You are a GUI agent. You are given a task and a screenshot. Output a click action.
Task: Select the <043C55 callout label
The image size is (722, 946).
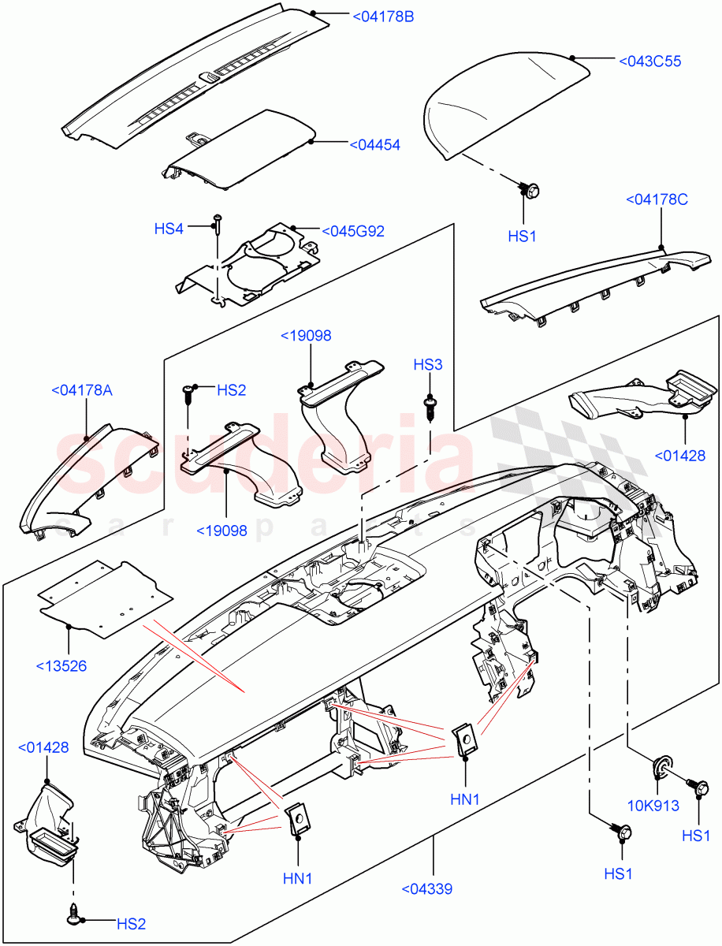[x=650, y=61]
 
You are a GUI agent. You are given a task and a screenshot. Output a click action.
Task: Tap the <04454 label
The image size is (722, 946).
[x=374, y=145]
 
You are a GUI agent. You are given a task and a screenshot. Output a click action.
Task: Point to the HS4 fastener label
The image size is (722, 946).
[x=169, y=229]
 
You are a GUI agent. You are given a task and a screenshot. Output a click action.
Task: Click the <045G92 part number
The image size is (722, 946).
[x=353, y=232]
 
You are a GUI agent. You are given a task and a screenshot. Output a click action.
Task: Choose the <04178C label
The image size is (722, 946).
[x=657, y=200]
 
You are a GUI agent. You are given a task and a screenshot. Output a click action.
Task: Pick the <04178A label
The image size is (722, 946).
[x=83, y=389]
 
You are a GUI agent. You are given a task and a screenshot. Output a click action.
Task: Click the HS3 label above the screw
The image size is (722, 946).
[x=428, y=364]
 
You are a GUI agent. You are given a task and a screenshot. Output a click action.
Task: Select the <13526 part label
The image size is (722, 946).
[x=61, y=666]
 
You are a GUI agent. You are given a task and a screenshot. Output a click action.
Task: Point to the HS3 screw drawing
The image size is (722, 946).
[x=430, y=406]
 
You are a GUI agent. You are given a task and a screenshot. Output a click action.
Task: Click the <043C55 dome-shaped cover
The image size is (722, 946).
[x=504, y=110]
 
